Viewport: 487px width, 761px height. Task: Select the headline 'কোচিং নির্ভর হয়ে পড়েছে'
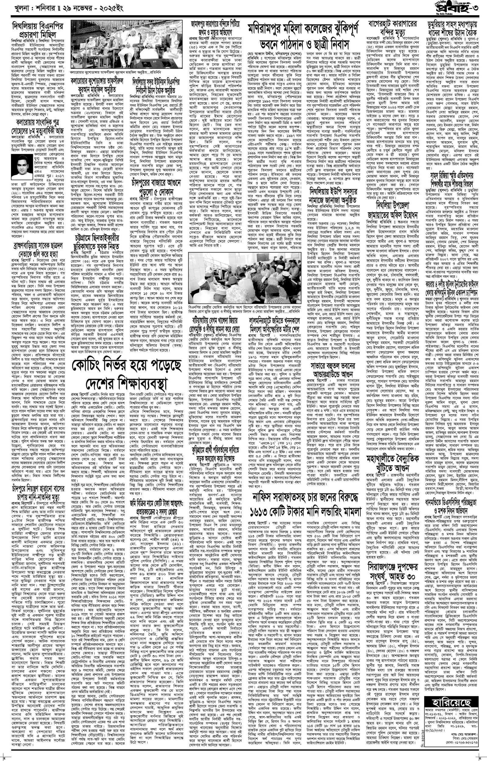[127, 366]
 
